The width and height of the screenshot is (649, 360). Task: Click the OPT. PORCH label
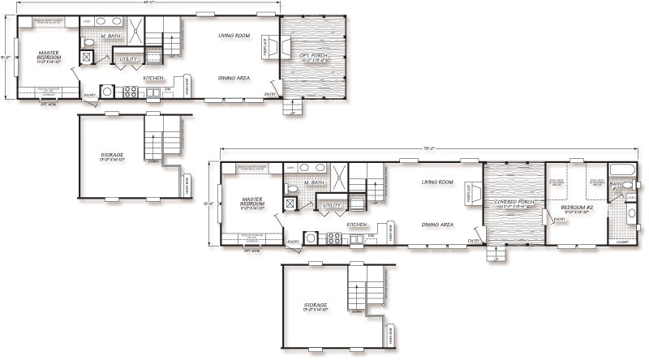pos(315,57)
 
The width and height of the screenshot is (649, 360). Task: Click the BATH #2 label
pos(616,186)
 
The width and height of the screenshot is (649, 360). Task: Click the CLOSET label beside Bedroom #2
pos(621,241)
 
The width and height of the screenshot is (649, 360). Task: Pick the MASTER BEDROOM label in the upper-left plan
pos(48,56)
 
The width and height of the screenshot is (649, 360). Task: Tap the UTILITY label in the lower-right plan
pos(332,206)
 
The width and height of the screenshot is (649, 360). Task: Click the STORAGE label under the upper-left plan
pos(112,154)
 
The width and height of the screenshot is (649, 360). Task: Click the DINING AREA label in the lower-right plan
pos(436,225)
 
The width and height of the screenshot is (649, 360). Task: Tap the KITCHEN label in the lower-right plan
pos(358,225)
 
